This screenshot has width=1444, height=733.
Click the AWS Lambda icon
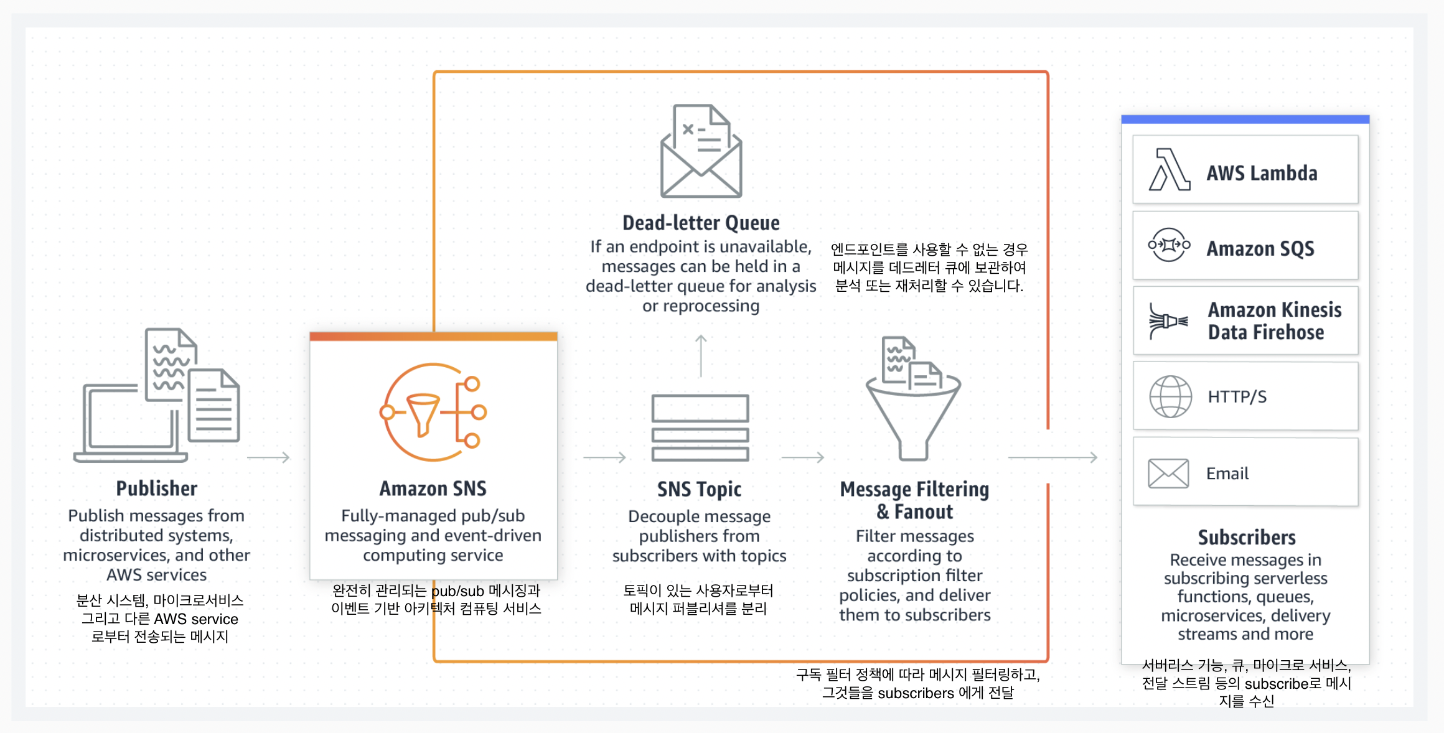[x=1169, y=169]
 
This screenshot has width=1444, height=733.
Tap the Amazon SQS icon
[x=1169, y=245]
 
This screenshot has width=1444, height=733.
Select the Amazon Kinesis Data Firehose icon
[x=1168, y=321]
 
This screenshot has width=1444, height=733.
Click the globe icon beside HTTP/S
[x=1170, y=396]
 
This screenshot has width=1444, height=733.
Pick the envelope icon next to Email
[x=1168, y=474]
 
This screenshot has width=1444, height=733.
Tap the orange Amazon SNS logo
[x=433, y=412]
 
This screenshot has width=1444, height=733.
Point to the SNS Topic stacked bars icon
[x=700, y=427]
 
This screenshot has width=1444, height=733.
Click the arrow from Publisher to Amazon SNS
[x=268, y=457]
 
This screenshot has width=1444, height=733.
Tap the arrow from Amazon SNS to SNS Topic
[x=604, y=457]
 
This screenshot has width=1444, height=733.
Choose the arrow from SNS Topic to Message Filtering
[x=802, y=457]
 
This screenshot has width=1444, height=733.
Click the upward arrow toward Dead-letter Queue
[x=701, y=355]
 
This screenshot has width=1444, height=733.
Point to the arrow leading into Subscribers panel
[x=1053, y=457]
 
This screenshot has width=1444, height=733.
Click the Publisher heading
[x=156, y=488]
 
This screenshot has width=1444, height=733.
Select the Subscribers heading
[x=1246, y=537]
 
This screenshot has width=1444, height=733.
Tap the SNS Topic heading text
[x=699, y=489]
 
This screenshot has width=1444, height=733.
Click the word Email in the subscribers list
[x=1227, y=474]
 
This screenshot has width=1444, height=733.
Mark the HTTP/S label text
[x=1237, y=397]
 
